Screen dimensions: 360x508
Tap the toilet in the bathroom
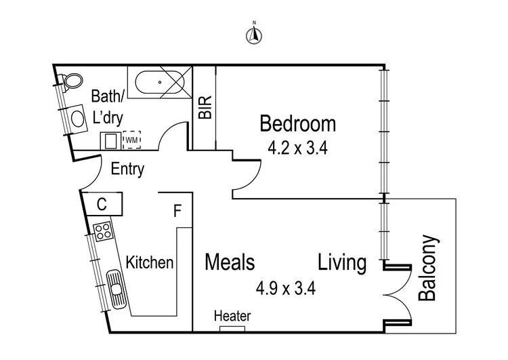[70, 83]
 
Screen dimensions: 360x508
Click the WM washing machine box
[131, 140]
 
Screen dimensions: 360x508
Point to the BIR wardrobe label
[205, 108]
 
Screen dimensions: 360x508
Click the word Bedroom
[298, 124]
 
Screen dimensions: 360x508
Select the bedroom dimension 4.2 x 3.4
[298, 148]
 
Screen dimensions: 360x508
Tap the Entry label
[127, 169]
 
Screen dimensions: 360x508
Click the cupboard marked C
[102, 203]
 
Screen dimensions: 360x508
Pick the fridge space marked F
[177, 211]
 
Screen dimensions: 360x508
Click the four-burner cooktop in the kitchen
[103, 232]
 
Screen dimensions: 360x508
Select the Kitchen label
[150, 262]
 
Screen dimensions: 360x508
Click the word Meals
[230, 262]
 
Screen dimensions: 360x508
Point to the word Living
[342, 262]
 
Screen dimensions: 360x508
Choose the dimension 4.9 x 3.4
[286, 288]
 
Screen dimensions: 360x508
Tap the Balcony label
[428, 268]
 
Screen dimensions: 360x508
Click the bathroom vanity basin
[79, 117]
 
